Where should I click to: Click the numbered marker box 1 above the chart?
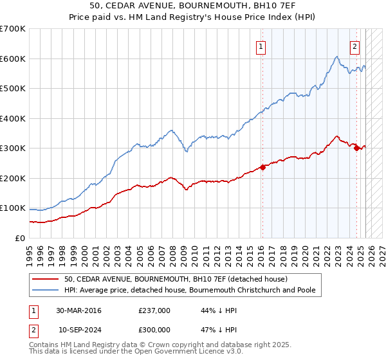[x=261, y=46]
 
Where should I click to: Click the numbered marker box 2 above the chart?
[x=354, y=46]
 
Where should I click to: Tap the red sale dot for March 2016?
[x=262, y=167]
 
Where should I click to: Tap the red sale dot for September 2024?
[x=356, y=148]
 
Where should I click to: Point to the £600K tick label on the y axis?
[x=13, y=59]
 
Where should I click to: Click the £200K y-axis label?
[x=13, y=178]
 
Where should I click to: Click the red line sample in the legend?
[x=46, y=279]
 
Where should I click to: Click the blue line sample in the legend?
[x=46, y=290]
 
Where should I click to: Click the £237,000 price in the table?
[x=154, y=310]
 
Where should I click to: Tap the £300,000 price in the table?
[x=154, y=329]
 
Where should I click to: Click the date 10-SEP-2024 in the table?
[x=80, y=329]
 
